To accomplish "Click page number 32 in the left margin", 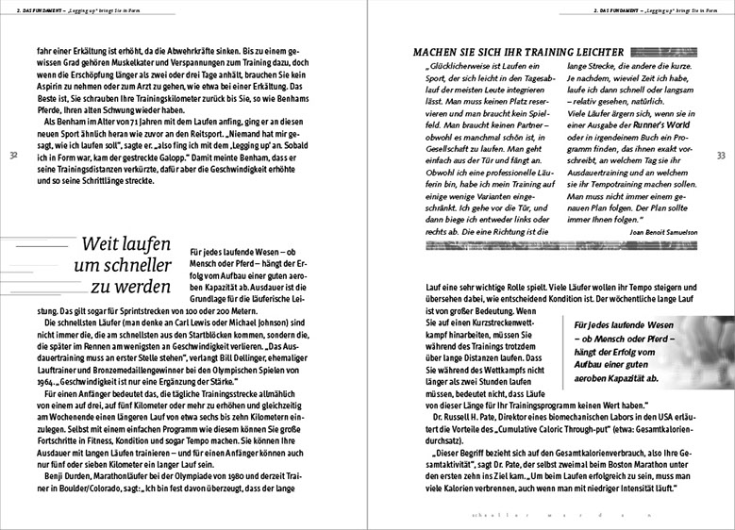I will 12,155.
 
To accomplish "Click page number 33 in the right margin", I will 722,155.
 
